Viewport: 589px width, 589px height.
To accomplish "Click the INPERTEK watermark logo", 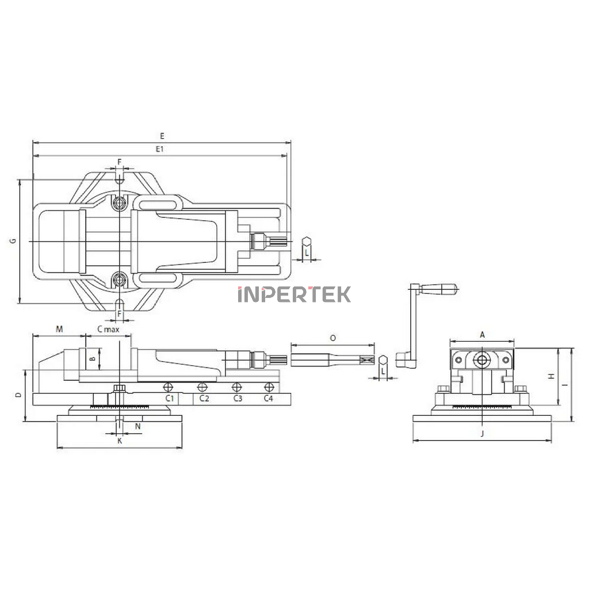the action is [x=294, y=294].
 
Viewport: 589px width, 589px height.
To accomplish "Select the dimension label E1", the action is [x=160, y=149].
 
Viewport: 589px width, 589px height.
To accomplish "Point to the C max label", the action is [x=108, y=330].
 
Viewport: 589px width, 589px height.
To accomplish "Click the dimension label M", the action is [x=59, y=330].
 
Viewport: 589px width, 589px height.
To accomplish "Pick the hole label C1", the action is [x=170, y=398].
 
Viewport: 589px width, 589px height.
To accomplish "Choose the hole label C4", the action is [x=268, y=398].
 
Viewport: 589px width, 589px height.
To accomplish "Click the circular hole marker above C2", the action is [x=202, y=387].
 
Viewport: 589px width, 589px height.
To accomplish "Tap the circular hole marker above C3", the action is [x=236, y=387].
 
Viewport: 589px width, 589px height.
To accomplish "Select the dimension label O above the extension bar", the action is [x=333, y=338].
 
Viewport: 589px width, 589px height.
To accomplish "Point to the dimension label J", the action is [x=483, y=434].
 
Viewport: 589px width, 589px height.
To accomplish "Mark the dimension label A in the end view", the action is [x=483, y=335].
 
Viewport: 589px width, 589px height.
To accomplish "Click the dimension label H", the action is [x=551, y=376].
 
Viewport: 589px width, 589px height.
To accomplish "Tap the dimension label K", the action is [x=120, y=441].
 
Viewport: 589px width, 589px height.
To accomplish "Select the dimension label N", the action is [x=138, y=426].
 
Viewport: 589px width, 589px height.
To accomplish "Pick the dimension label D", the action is [x=18, y=395].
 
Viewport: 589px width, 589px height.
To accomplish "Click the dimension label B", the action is [x=93, y=358].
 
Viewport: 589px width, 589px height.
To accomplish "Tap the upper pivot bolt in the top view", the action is [x=120, y=203].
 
